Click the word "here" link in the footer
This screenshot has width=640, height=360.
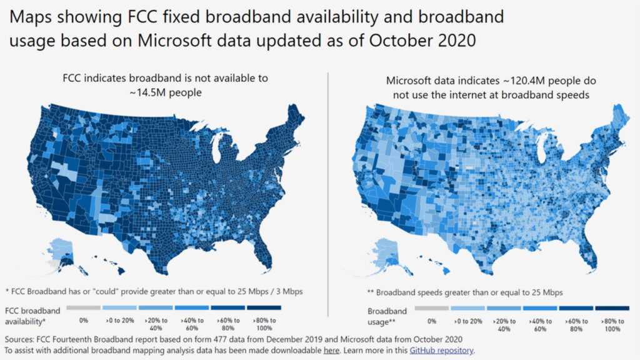[x=331, y=350]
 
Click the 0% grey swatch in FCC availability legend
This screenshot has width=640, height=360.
[x=82, y=307]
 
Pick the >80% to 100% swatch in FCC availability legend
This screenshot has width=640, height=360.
[x=264, y=307]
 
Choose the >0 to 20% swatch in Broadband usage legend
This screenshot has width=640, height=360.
[x=467, y=308]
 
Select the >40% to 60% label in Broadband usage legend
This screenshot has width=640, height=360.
[x=540, y=324]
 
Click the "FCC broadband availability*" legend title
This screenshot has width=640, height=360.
[x=32, y=316]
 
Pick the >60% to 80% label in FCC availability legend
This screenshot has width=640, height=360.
[x=227, y=324]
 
